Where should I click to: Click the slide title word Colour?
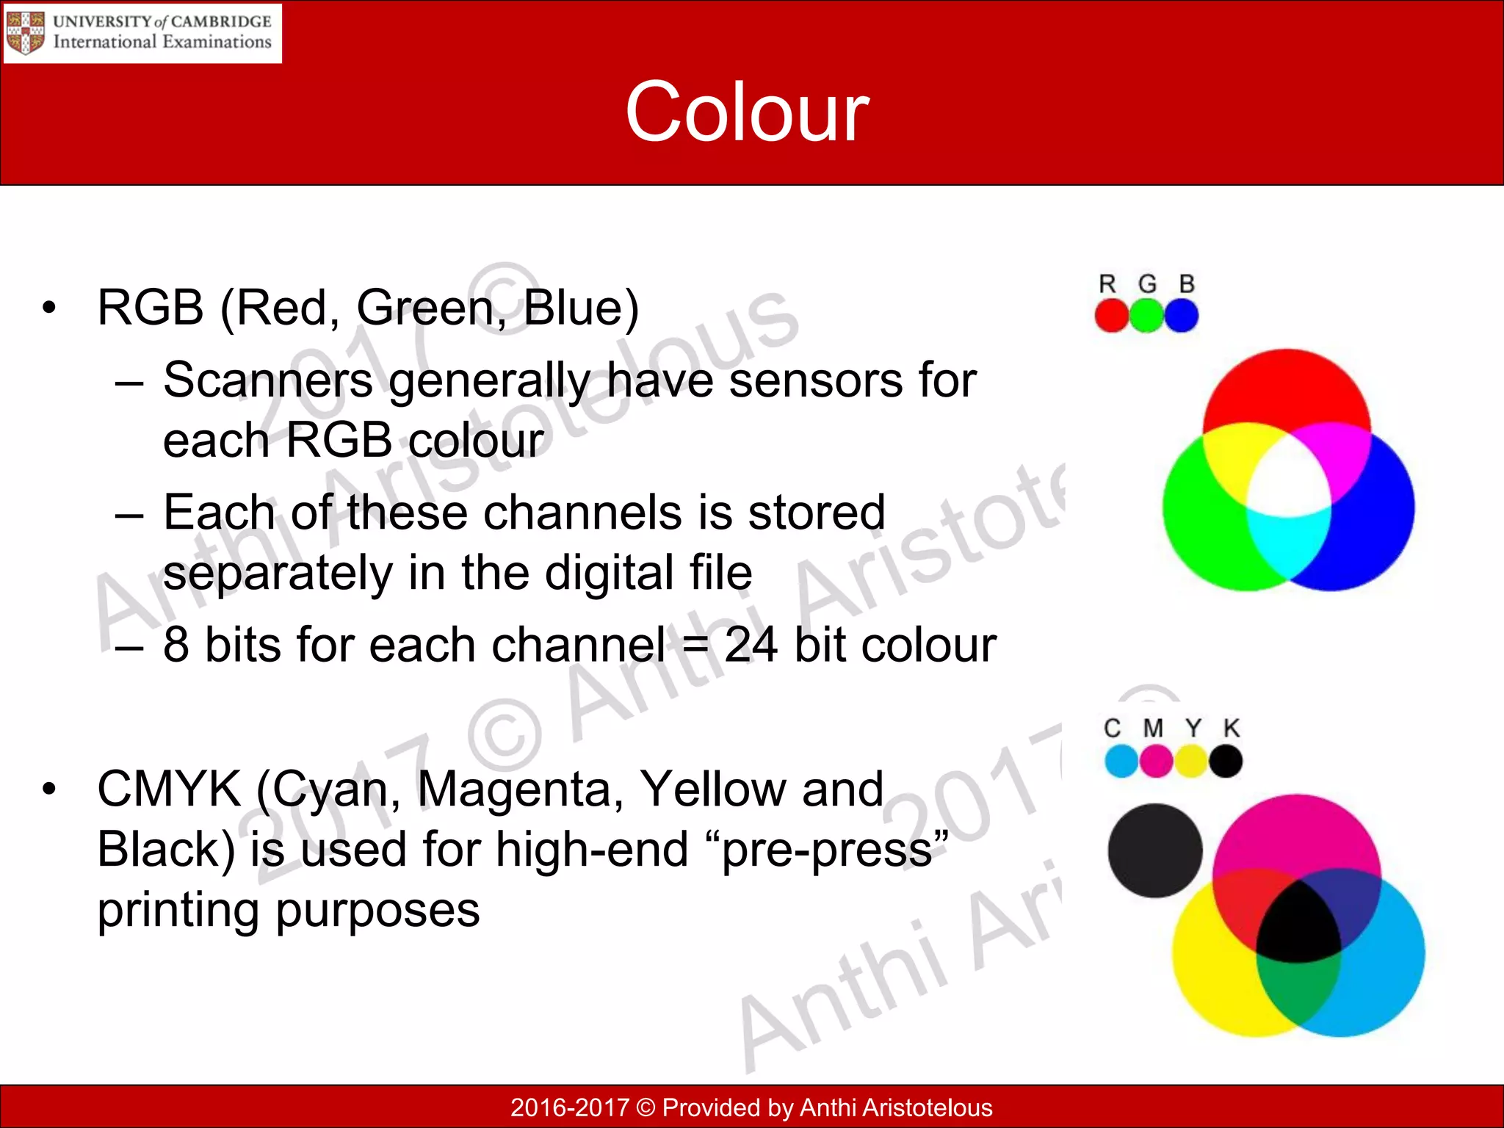coord(747,112)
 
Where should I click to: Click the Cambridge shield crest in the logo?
coord(25,33)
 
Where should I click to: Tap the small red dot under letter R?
coord(1111,316)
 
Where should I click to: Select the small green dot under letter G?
coord(1146,316)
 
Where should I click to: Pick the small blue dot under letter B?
coord(1182,316)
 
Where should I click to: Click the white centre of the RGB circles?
coord(1289,481)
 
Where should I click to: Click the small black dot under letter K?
coord(1226,761)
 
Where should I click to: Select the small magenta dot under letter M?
coord(1156,761)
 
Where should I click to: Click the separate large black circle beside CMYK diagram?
coord(1154,850)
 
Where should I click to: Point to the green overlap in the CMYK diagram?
coord(1297,988)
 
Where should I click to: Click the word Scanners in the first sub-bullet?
coord(268,380)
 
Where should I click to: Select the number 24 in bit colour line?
coord(751,645)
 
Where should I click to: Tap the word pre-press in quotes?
coord(827,850)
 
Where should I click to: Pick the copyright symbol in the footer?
coord(646,1107)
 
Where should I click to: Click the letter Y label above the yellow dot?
coord(1193,728)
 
